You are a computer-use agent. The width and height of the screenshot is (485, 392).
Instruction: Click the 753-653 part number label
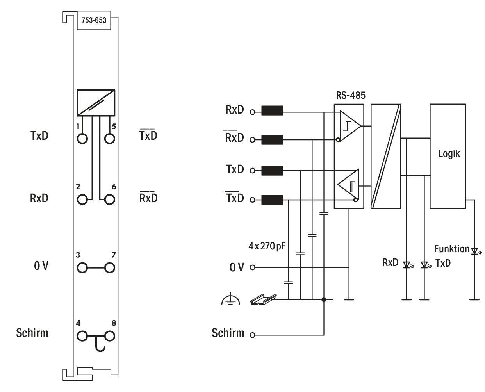point(94,20)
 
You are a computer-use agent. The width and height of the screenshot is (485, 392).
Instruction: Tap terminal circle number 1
point(82,139)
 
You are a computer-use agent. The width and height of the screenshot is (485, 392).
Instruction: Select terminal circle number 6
point(109,200)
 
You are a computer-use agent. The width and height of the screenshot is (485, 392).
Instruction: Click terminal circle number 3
point(82,268)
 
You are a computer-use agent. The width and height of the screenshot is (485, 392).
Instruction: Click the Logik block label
point(449,154)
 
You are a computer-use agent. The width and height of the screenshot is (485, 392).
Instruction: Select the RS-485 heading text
point(351,95)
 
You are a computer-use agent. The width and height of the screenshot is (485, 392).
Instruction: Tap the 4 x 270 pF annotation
point(267,246)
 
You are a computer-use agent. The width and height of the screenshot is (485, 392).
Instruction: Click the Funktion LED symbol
point(475,251)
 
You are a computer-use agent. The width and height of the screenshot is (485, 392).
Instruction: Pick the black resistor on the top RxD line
point(272,110)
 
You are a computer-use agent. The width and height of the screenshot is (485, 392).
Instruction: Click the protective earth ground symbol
point(230,299)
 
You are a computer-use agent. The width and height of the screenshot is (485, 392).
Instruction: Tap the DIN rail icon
point(264,299)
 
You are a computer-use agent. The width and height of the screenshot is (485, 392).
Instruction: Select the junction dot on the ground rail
point(324,299)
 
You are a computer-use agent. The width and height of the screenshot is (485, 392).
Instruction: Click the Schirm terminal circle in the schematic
point(252,335)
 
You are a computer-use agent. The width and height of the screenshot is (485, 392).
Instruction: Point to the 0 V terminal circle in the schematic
point(252,267)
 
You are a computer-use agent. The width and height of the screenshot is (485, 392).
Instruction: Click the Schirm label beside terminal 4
point(32,333)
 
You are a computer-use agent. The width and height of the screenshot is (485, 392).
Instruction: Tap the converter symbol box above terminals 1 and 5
point(96,103)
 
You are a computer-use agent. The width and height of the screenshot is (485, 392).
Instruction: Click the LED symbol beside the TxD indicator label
point(424,265)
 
